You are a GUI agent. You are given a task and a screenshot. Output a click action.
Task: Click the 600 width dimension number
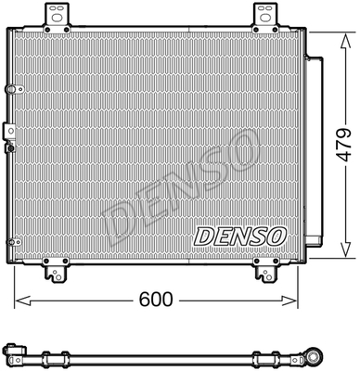[156, 300]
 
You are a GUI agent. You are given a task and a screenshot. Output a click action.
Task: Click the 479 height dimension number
[344, 145]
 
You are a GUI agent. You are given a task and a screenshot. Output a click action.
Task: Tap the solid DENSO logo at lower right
[240, 237]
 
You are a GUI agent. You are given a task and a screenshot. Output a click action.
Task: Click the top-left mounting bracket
[58, 18]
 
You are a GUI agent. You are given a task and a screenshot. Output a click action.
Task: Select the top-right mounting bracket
[266, 18]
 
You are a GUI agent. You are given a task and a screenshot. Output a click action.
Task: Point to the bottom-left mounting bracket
[56, 269]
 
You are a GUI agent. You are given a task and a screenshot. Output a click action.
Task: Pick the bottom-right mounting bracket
[264, 269]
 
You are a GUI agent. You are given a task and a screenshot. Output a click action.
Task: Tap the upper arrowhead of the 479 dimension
[345, 42]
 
